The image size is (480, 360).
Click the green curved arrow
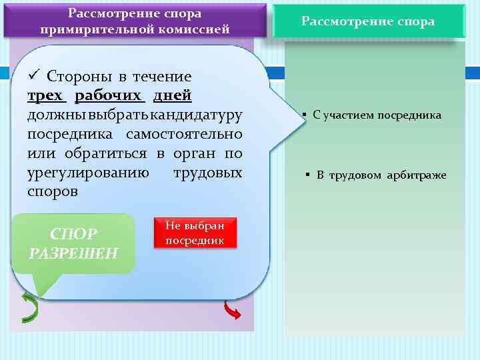30,307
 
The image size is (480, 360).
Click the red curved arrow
232,309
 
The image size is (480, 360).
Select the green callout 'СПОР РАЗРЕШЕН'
73,243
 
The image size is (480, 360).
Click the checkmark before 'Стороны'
33,76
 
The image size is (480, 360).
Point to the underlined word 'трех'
47,96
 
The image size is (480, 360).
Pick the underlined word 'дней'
173,96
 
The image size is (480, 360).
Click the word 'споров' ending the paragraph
53,192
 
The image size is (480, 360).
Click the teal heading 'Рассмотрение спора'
368,21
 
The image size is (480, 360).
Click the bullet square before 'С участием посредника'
303,115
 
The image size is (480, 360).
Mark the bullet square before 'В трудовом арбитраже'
309,175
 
